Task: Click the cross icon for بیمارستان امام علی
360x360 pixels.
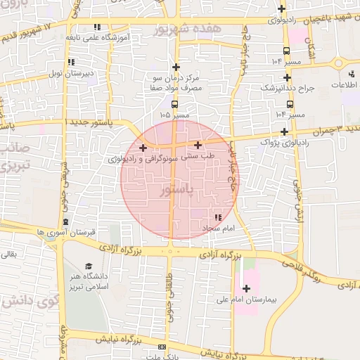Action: coord(246,288)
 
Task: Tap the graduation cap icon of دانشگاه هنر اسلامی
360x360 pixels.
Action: coord(89,266)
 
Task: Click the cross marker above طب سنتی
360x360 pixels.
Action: coord(198,145)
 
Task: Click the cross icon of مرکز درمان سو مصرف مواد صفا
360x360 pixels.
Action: coord(175,65)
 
